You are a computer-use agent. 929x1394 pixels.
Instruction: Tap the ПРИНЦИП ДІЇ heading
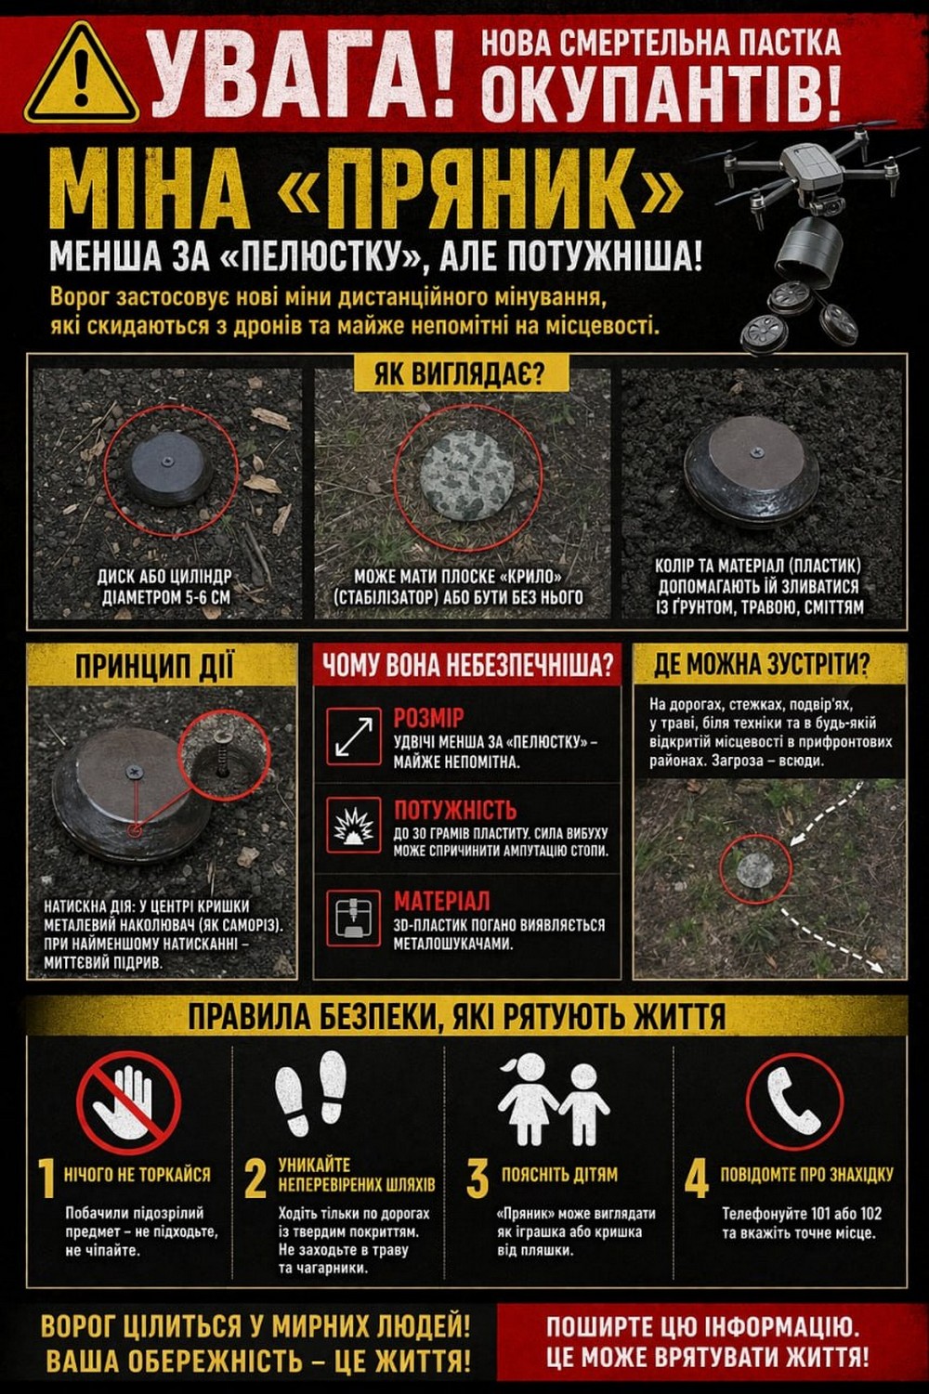[x=154, y=666]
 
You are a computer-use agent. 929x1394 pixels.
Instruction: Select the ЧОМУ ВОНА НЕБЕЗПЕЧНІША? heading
[x=467, y=666]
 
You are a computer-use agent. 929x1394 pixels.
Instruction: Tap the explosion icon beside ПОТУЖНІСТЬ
[x=353, y=826]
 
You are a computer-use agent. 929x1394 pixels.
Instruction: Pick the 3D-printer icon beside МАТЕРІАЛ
[x=353, y=917]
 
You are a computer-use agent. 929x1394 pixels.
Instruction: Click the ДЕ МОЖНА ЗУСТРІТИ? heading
[x=761, y=665]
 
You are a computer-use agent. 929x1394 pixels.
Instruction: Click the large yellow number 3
[x=478, y=1179]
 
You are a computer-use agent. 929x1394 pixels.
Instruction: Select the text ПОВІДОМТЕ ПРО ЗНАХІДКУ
[x=806, y=1174]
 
